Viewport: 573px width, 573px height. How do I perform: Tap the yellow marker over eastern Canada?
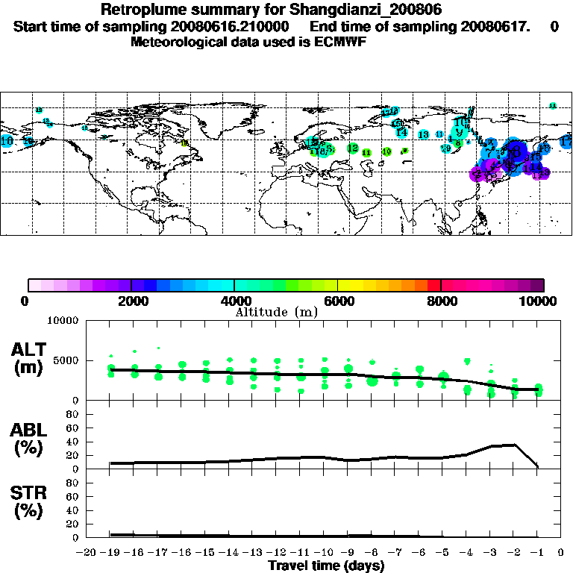(185, 143)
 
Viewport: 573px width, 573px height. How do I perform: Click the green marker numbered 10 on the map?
(386, 151)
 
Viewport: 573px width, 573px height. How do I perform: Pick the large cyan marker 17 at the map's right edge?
(566, 142)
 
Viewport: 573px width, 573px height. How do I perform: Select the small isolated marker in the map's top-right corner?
(553, 106)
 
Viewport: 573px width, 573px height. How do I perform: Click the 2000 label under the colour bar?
(131, 301)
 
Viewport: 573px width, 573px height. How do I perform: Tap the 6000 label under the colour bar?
(338, 301)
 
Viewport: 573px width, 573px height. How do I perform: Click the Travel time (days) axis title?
(326, 566)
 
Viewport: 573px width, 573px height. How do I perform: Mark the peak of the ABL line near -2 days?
(515, 445)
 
